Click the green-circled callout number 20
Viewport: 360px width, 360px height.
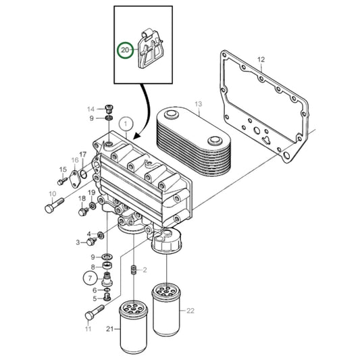pyautogui.click(x=125, y=51)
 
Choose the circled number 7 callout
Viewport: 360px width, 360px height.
pyautogui.click(x=90, y=277)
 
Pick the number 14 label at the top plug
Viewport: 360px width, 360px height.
pyautogui.click(x=91, y=109)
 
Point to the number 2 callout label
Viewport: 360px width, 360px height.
pyautogui.click(x=145, y=269)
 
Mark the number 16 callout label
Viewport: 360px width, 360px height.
pyautogui.click(x=76, y=159)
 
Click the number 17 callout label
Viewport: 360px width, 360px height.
pyautogui.click(x=83, y=155)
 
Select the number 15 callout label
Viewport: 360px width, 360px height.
pyautogui.click(x=62, y=170)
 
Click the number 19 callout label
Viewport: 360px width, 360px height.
pyautogui.click(x=93, y=193)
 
